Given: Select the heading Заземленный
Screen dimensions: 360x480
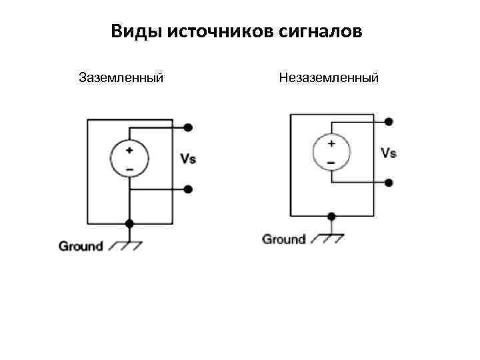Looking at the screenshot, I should pyautogui.click(x=121, y=78).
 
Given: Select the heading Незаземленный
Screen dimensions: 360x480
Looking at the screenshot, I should pyautogui.click(x=329, y=78).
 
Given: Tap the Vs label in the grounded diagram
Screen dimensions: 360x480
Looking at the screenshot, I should pyautogui.click(x=188, y=159).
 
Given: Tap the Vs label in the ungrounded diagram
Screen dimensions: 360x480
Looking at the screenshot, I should pyautogui.click(x=389, y=153).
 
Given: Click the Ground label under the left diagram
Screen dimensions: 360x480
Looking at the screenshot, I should pyautogui.click(x=81, y=246).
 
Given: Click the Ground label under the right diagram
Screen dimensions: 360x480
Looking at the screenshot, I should pyautogui.click(x=284, y=239).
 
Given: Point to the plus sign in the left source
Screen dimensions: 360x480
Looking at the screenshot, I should pyautogui.click(x=129, y=150).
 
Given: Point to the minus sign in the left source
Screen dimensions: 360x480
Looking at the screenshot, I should pyautogui.click(x=129, y=169).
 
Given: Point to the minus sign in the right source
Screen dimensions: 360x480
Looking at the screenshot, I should pyautogui.click(x=331, y=162).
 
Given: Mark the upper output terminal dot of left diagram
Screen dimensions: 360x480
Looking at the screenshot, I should pyautogui.click(x=189, y=127).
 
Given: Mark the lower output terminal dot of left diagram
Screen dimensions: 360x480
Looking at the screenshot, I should pyautogui.click(x=188, y=189).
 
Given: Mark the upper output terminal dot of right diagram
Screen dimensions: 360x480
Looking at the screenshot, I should pyautogui.click(x=389, y=121).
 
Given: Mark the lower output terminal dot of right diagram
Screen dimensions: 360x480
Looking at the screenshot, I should pyautogui.click(x=389, y=182).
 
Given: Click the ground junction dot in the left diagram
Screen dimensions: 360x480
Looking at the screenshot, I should pyautogui.click(x=129, y=223).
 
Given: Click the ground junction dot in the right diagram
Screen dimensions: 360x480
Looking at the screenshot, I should pyautogui.click(x=331, y=216).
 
